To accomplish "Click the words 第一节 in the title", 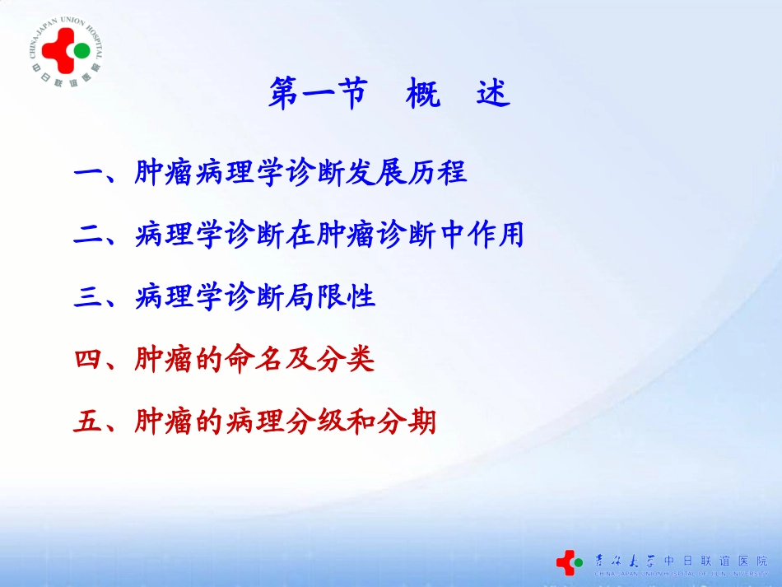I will click(317, 95).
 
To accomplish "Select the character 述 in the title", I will click(493, 95).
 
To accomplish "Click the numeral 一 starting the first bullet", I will click(87, 174).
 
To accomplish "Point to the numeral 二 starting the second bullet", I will click(87, 236).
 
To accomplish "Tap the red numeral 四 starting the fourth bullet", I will click(87, 360).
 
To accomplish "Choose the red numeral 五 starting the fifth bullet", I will click(87, 422).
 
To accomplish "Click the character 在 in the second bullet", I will click(300, 236).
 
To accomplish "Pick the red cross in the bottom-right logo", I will click(566, 561).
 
